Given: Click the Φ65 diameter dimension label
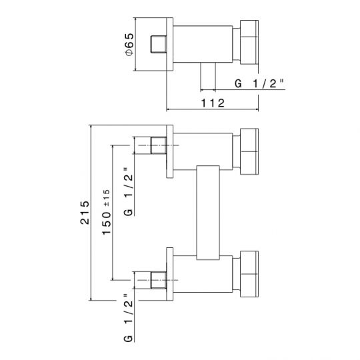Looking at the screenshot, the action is (x=130, y=44).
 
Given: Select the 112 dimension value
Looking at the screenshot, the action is (x=213, y=103).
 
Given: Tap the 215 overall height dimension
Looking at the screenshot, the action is (x=85, y=213).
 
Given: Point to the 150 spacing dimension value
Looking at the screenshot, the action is (x=106, y=223).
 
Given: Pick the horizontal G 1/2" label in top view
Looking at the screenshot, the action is (x=259, y=83).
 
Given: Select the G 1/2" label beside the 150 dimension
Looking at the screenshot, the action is (x=129, y=192).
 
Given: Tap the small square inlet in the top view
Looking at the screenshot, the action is (x=159, y=44).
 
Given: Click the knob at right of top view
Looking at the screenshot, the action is (x=249, y=42).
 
